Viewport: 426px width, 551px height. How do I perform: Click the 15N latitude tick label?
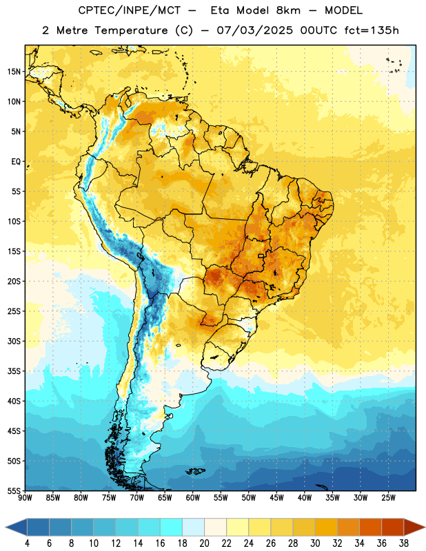click(14, 72)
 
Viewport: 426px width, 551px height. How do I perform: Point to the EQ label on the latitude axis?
click(16, 162)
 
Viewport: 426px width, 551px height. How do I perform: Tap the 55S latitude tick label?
click(14, 490)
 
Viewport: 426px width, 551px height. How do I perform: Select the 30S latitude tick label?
click(14, 341)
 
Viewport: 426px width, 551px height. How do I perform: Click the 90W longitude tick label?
click(25, 498)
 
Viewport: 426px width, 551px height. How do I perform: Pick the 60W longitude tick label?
click(193, 498)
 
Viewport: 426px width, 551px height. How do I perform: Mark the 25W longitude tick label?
click(388, 498)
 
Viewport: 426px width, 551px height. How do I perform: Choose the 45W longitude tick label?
click(276, 498)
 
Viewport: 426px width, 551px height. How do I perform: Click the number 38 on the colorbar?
click(404, 543)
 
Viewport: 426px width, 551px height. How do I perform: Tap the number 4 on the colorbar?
click(27, 543)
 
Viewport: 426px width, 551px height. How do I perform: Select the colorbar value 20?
click(204, 543)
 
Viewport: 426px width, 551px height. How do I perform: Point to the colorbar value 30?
click(315, 543)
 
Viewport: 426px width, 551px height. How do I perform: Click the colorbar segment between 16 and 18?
click(172, 528)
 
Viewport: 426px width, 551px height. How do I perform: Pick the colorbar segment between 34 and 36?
click(371, 528)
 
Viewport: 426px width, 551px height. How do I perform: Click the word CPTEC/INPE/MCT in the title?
click(130, 10)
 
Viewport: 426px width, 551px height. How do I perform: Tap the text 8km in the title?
click(288, 10)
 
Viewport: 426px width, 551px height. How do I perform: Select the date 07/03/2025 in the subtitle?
click(254, 30)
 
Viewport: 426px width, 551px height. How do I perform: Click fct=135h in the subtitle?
click(372, 30)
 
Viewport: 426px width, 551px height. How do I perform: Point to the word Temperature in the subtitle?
click(131, 31)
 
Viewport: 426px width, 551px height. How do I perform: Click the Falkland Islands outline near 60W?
click(196, 471)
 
